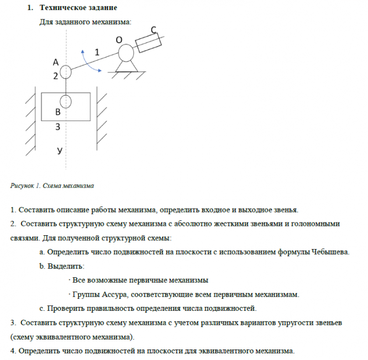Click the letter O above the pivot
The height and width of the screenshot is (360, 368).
click(119, 40)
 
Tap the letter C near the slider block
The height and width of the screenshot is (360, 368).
click(154, 29)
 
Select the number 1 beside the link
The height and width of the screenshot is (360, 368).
click(97, 52)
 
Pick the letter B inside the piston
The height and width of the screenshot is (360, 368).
click(58, 112)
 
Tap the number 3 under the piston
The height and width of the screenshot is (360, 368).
click(57, 127)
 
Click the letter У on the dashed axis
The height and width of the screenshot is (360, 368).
click(60, 150)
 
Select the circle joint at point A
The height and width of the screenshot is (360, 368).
click(66, 72)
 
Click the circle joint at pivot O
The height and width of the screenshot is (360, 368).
click(125, 54)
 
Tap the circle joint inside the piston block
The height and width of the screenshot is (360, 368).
click(66, 101)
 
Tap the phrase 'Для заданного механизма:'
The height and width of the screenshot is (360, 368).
click(86, 22)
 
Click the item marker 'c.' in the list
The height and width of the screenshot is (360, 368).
click(42, 308)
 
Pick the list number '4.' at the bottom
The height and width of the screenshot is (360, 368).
click(13, 351)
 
